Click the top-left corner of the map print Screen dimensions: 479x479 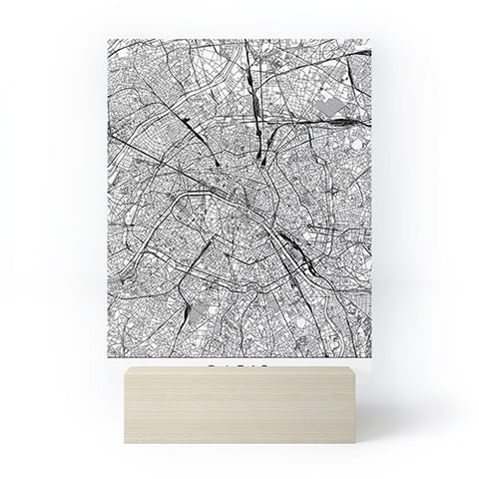[x=107, y=40]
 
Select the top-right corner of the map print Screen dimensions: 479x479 [x=370, y=40]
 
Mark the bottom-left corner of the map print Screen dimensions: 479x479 [x=107, y=357]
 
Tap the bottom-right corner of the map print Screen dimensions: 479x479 [x=370, y=357]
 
